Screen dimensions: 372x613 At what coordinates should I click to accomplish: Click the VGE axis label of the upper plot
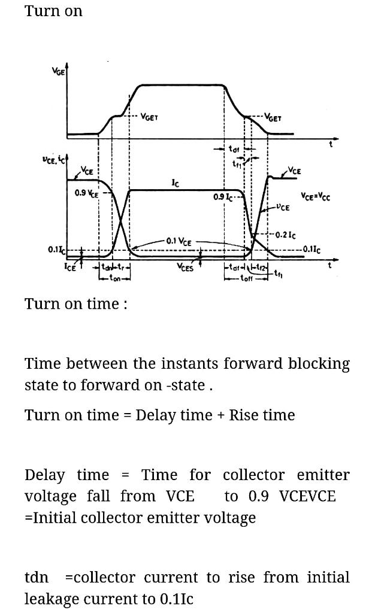point(59,71)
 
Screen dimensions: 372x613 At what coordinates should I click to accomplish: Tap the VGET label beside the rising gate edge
point(149,117)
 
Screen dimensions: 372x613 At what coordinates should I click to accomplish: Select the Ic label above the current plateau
point(174,183)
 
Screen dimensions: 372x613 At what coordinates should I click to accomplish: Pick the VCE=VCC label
point(315,196)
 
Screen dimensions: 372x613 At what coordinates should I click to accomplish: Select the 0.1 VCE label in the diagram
point(179,241)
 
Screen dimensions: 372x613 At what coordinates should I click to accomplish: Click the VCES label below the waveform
point(185,267)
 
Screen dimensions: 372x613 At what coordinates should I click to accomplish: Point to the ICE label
point(71,268)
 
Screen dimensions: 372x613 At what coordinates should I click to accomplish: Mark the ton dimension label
point(114,278)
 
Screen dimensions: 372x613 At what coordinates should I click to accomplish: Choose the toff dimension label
point(246,278)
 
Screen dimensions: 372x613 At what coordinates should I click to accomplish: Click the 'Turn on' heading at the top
point(53,11)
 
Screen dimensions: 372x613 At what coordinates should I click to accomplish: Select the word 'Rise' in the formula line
point(247,415)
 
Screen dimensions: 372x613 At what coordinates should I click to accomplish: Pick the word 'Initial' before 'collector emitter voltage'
point(57,517)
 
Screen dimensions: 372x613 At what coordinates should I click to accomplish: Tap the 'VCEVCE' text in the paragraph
point(308,496)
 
